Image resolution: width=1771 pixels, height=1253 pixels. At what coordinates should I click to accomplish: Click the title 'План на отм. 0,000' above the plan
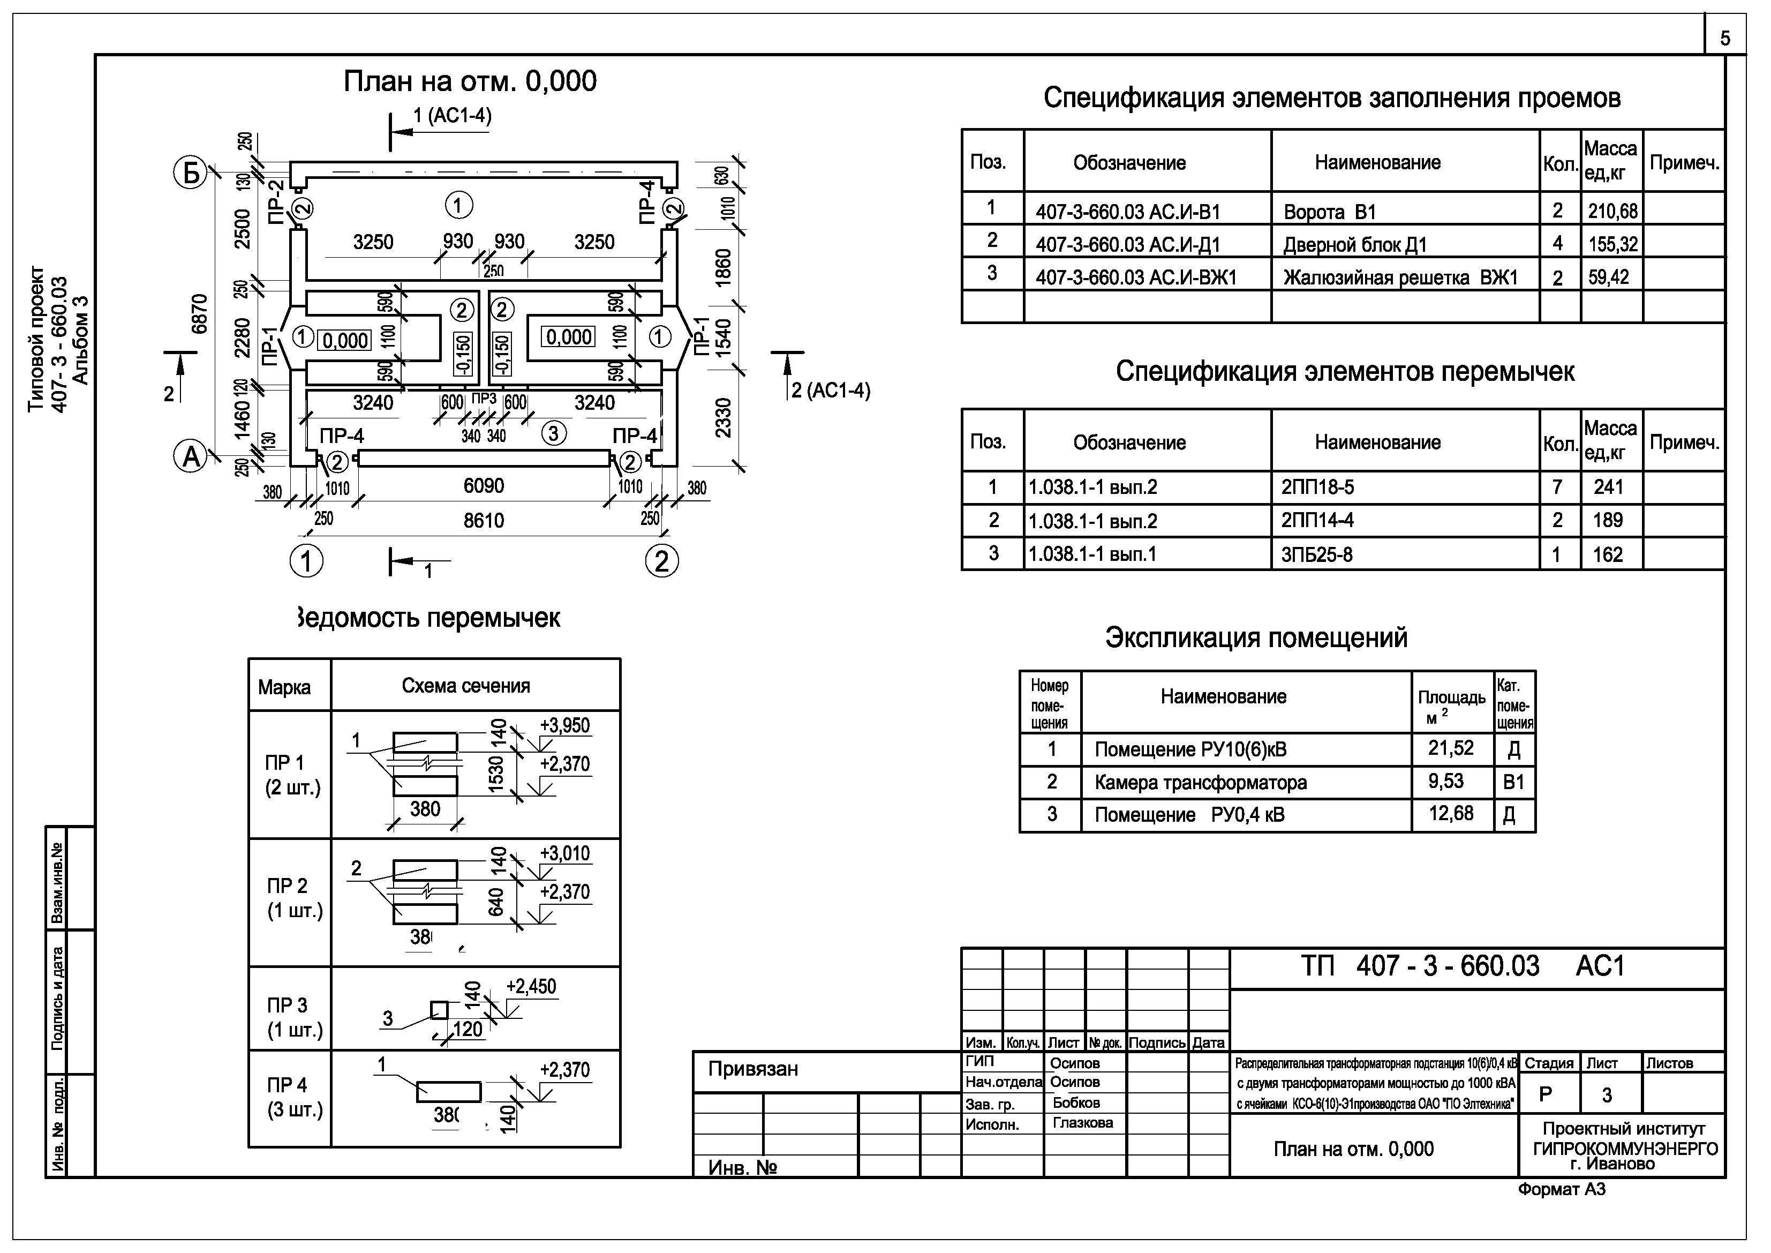point(470,81)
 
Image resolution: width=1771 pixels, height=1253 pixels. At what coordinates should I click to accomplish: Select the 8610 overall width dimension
point(484,521)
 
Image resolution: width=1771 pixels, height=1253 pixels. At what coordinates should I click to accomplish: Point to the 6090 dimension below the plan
point(484,486)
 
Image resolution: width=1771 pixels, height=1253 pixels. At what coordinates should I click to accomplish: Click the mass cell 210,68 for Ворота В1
point(1612,211)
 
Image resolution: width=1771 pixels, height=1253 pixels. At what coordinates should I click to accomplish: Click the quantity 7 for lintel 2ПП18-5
point(1557,487)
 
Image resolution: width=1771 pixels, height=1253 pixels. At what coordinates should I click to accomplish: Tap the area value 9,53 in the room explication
point(1445,782)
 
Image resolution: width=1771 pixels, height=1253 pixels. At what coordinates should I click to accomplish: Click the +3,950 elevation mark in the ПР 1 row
point(564,726)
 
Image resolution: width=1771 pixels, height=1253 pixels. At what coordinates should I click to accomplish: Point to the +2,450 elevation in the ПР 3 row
point(531,987)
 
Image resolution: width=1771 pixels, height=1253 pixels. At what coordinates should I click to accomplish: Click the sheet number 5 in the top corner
point(1725,39)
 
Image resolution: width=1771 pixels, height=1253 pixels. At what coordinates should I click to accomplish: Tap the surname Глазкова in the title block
point(1082,1123)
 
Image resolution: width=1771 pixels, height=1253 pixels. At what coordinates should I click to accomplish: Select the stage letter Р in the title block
point(1546,1095)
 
